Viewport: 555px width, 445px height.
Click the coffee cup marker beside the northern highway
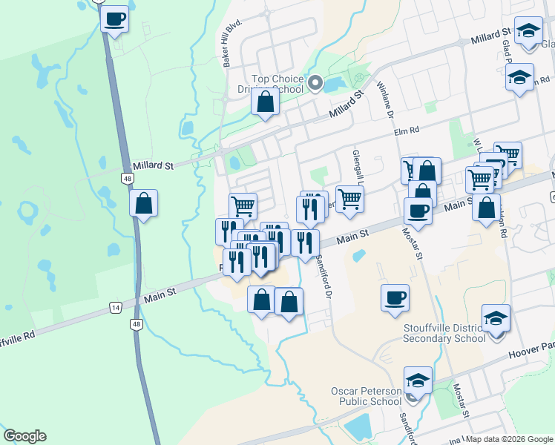coord(114,19)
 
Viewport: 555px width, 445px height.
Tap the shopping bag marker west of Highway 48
coord(143,203)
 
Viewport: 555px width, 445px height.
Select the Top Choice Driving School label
coord(277,85)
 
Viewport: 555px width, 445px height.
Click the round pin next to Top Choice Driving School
coord(315,83)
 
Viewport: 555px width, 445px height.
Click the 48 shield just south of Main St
coord(135,324)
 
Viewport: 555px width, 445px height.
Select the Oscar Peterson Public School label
coord(370,396)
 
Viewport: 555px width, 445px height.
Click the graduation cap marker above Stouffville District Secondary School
coord(496,318)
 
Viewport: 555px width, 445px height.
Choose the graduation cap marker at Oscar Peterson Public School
coord(418,380)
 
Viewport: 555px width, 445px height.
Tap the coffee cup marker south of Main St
coord(395,297)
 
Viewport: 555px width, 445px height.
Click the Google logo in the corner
coord(24,436)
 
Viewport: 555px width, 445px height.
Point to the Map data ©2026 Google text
coord(509,439)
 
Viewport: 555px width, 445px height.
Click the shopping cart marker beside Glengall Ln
coord(349,198)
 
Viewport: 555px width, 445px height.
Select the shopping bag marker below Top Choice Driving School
coord(265,102)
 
